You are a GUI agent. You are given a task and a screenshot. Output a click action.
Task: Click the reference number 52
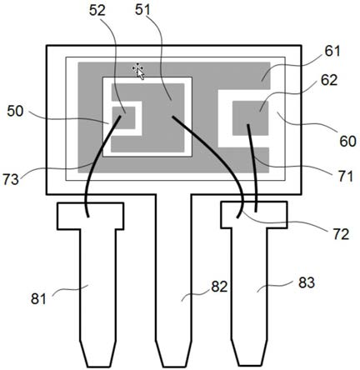97,11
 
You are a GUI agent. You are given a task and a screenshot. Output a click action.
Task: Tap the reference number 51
143,10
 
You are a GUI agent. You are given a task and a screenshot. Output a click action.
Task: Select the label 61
332,51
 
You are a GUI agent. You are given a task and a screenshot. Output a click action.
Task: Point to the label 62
329,80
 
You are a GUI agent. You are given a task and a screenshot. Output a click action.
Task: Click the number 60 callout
347,142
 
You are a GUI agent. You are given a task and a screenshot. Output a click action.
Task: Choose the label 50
15,112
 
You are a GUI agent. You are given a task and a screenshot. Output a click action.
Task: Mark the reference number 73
11,179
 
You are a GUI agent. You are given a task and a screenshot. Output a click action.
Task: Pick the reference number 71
345,177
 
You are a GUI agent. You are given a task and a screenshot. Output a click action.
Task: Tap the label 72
341,235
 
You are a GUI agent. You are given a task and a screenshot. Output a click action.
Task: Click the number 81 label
38,299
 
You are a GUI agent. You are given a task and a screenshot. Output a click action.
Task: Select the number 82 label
219,287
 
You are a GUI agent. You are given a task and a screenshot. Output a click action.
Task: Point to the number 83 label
307,283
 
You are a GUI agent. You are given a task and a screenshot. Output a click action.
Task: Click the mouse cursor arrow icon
138,71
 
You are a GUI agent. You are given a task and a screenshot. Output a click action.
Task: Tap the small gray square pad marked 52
123,117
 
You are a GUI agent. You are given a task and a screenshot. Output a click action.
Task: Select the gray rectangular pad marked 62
250,118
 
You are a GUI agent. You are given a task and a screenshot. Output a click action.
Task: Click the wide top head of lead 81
90,216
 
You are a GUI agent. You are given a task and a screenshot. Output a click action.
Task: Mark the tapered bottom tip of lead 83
250,352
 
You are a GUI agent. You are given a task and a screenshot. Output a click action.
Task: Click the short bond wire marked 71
253,167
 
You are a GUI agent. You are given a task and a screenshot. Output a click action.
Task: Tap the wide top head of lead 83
253,214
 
